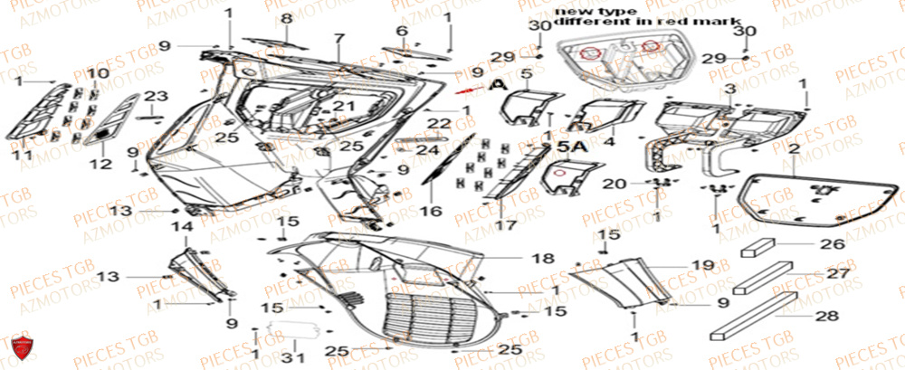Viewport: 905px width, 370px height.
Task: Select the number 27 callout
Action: click(x=838, y=273)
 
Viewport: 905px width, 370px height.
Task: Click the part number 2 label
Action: click(x=793, y=147)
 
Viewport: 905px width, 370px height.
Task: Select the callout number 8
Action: click(x=286, y=18)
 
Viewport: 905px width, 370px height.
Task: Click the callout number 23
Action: click(x=156, y=96)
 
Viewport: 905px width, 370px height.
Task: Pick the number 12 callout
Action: click(x=100, y=164)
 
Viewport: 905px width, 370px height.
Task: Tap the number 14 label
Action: click(x=182, y=226)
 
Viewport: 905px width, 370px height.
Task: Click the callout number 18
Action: click(x=541, y=259)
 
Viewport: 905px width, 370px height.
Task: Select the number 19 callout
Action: click(x=697, y=265)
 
